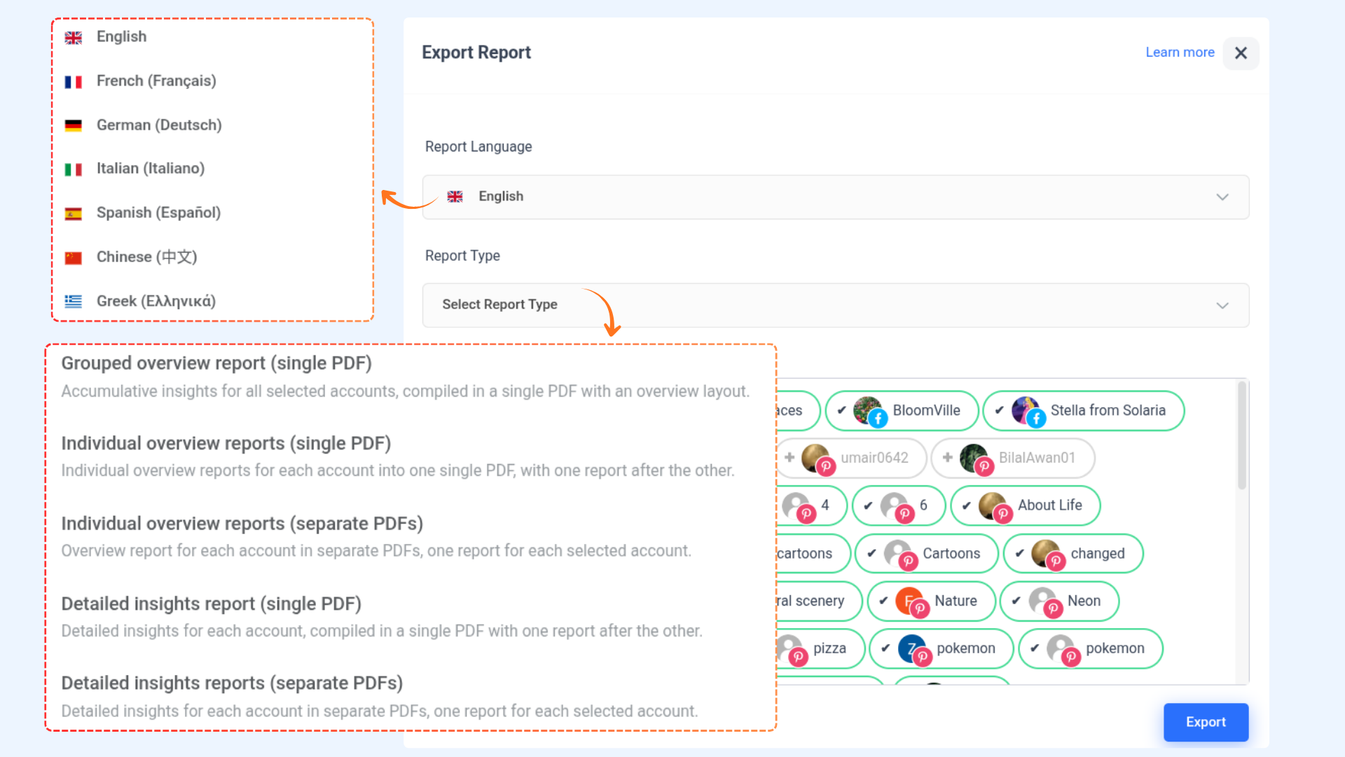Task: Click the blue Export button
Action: tap(1206, 722)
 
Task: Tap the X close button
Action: tap(1241, 53)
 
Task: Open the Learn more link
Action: tap(1180, 53)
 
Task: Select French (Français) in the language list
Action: tap(156, 81)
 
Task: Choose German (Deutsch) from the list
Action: tap(158, 125)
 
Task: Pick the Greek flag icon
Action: tap(74, 301)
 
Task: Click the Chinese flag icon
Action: tap(74, 258)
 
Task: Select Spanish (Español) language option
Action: tap(158, 213)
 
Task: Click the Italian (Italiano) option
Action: tap(150, 169)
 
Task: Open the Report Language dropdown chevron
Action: tap(1222, 197)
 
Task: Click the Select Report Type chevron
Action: tap(1222, 306)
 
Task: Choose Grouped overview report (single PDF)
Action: tap(216, 363)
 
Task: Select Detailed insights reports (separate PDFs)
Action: tap(232, 683)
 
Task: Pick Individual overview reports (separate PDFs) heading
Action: tap(242, 524)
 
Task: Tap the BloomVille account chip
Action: tap(902, 411)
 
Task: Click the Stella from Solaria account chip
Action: tap(1084, 411)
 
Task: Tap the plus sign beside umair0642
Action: tap(789, 458)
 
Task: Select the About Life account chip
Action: tap(1026, 505)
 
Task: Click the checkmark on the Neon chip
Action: tap(1016, 601)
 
